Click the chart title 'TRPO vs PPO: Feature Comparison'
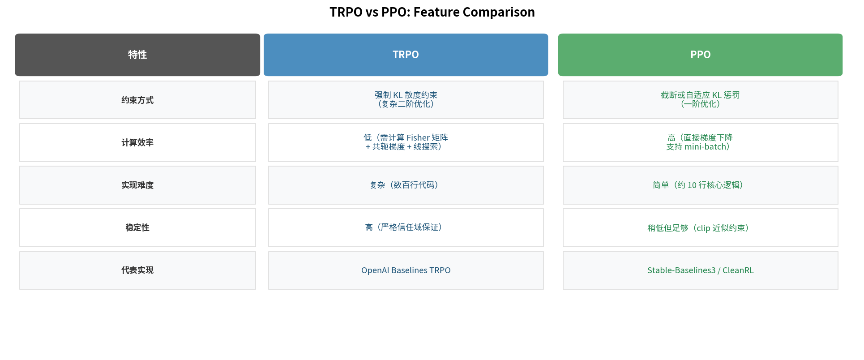[x=432, y=12]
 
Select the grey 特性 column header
[x=137, y=55]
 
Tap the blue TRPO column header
[x=406, y=55]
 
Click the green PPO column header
[x=700, y=55]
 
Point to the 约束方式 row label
[x=137, y=100]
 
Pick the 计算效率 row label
[x=137, y=142]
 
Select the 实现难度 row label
[x=137, y=185]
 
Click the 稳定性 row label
[x=137, y=227]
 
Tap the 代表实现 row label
[x=137, y=270]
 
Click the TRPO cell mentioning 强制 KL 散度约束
[x=406, y=99]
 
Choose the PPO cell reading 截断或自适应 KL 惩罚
[x=700, y=99]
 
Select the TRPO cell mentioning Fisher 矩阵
[x=406, y=142]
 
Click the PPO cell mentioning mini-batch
[x=700, y=142]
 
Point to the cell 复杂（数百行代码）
[x=406, y=185]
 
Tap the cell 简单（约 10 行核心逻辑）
[x=700, y=185]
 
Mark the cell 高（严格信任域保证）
[x=406, y=227]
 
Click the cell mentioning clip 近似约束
[x=700, y=228]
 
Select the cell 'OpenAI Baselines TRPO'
[x=406, y=270]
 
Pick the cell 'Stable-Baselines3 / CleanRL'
[x=700, y=270]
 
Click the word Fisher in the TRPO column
[x=418, y=138]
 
